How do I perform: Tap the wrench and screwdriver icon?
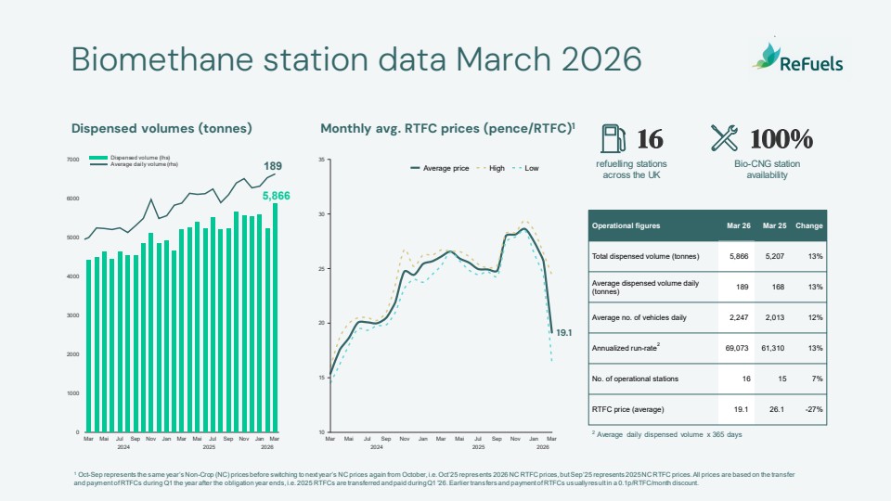coord(724,138)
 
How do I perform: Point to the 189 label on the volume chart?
coord(273,166)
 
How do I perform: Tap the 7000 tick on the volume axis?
coord(72,160)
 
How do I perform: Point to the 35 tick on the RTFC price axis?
coord(320,160)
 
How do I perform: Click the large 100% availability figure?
coord(781,139)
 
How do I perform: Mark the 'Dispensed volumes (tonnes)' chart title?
coord(161,129)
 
